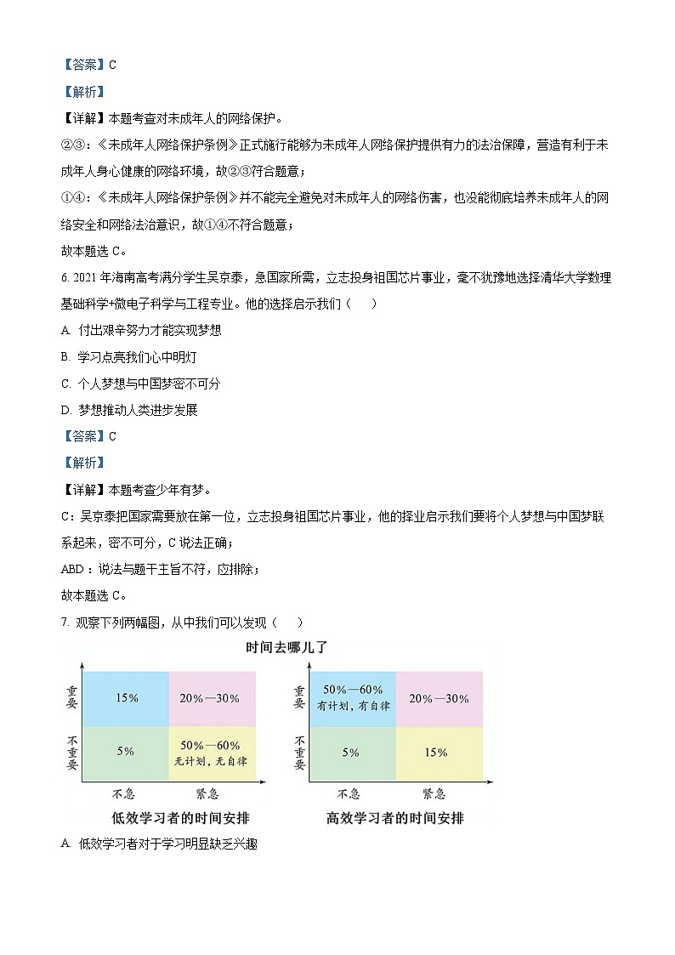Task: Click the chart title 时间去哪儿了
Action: [286, 647]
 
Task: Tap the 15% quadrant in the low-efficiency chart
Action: [127, 698]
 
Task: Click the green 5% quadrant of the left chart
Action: [126, 751]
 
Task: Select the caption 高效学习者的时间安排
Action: [395, 818]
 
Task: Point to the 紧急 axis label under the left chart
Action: [207, 794]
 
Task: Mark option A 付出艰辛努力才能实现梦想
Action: [142, 330]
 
